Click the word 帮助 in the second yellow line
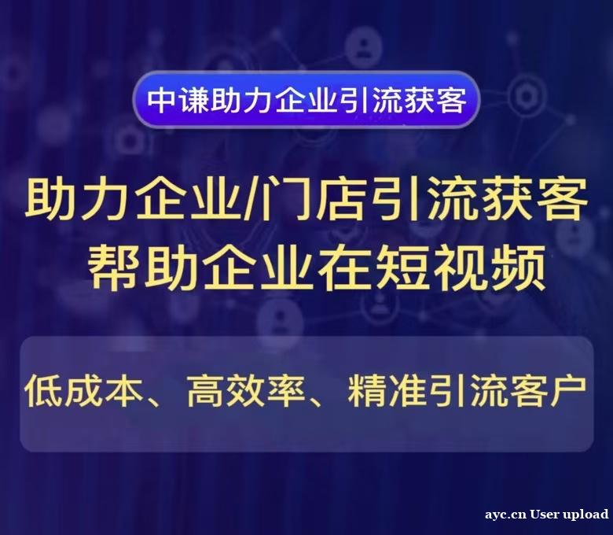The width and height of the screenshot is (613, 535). (132, 267)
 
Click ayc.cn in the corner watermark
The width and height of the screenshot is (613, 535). (505, 515)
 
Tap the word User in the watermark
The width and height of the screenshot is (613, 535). (545, 515)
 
